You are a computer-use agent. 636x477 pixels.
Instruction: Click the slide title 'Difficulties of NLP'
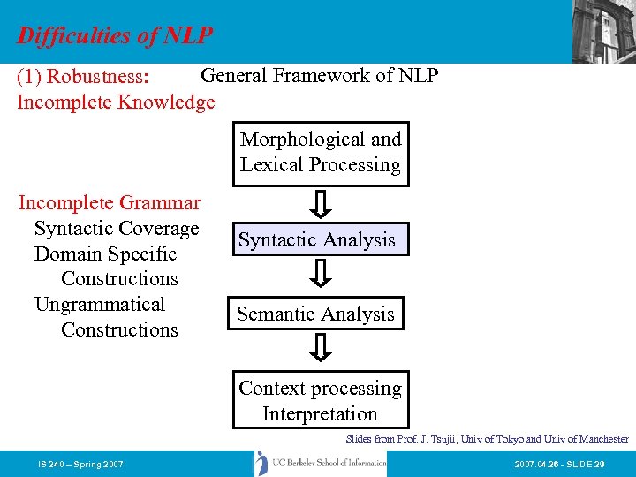tap(115, 35)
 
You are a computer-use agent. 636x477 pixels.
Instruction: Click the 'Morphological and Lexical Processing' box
tap(321, 153)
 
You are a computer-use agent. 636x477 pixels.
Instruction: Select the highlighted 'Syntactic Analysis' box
tap(317, 240)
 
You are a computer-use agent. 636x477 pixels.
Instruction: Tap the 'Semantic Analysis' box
tap(315, 314)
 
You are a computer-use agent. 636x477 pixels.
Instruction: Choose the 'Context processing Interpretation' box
tap(320, 401)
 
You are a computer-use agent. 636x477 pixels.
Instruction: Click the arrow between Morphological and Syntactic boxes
tap(322, 204)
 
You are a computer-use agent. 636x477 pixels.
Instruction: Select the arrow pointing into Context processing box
tap(322, 348)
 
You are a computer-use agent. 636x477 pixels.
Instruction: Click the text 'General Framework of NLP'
tap(320, 76)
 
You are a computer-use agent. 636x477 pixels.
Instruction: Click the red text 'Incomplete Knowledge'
tap(116, 102)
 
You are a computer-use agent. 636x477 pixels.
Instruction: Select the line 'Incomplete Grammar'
tap(110, 203)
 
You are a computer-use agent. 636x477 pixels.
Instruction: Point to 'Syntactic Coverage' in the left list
tap(117, 229)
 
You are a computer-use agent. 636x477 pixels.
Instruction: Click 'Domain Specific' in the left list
tap(105, 254)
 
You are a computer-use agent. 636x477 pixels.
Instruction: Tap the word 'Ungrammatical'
tap(100, 305)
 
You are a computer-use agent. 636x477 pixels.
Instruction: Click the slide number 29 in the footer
tap(600, 464)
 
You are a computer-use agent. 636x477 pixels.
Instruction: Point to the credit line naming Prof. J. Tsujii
tap(487, 439)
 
